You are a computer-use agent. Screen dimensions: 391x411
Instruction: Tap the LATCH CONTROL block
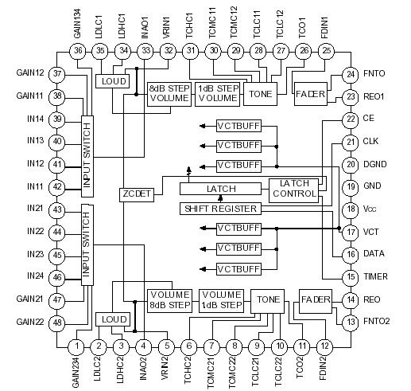(x=294, y=189)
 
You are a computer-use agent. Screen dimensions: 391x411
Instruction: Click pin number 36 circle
(x=77, y=51)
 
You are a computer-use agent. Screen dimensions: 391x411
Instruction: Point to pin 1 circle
(x=76, y=346)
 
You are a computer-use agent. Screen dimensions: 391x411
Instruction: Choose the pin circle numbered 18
(x=350, y=209)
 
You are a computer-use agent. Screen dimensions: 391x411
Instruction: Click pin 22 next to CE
(x=350, y=119)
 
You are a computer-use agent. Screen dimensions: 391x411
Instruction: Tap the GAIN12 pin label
(x=29, y=73)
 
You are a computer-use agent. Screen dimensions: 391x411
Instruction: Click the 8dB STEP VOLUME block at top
(x=169, y=93)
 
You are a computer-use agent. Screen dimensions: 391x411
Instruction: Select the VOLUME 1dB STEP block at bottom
(x=220, y=299)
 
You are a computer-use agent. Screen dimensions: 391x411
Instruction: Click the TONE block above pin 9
(x=267, y=300)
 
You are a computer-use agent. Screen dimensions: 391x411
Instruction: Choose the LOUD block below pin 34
(x=110, y=80)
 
